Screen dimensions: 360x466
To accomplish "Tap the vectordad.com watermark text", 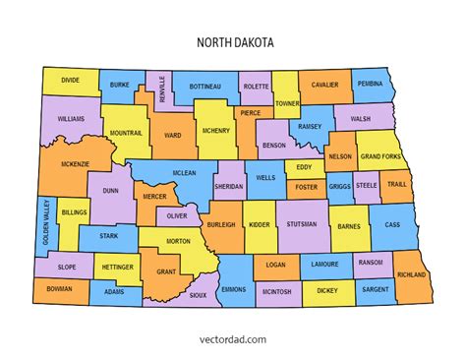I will [232, 339].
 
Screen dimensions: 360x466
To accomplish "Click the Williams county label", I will [71, 119].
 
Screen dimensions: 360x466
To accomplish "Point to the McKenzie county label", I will [76, 163].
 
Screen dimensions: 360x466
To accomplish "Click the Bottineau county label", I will [204, 85].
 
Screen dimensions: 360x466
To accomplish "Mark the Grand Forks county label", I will [379, 155].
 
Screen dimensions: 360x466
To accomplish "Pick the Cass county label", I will [392, 224].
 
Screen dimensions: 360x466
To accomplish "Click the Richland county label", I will [413, 274].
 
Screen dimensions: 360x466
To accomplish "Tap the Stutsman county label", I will [302, 224].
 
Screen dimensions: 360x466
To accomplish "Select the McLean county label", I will [184, 173].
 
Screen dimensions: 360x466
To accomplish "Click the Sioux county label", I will [198, 294].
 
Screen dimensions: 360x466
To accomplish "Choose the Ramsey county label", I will [310, 126].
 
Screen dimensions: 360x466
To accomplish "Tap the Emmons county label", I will [233, 289].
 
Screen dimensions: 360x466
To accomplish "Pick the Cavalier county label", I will [324, 85].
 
